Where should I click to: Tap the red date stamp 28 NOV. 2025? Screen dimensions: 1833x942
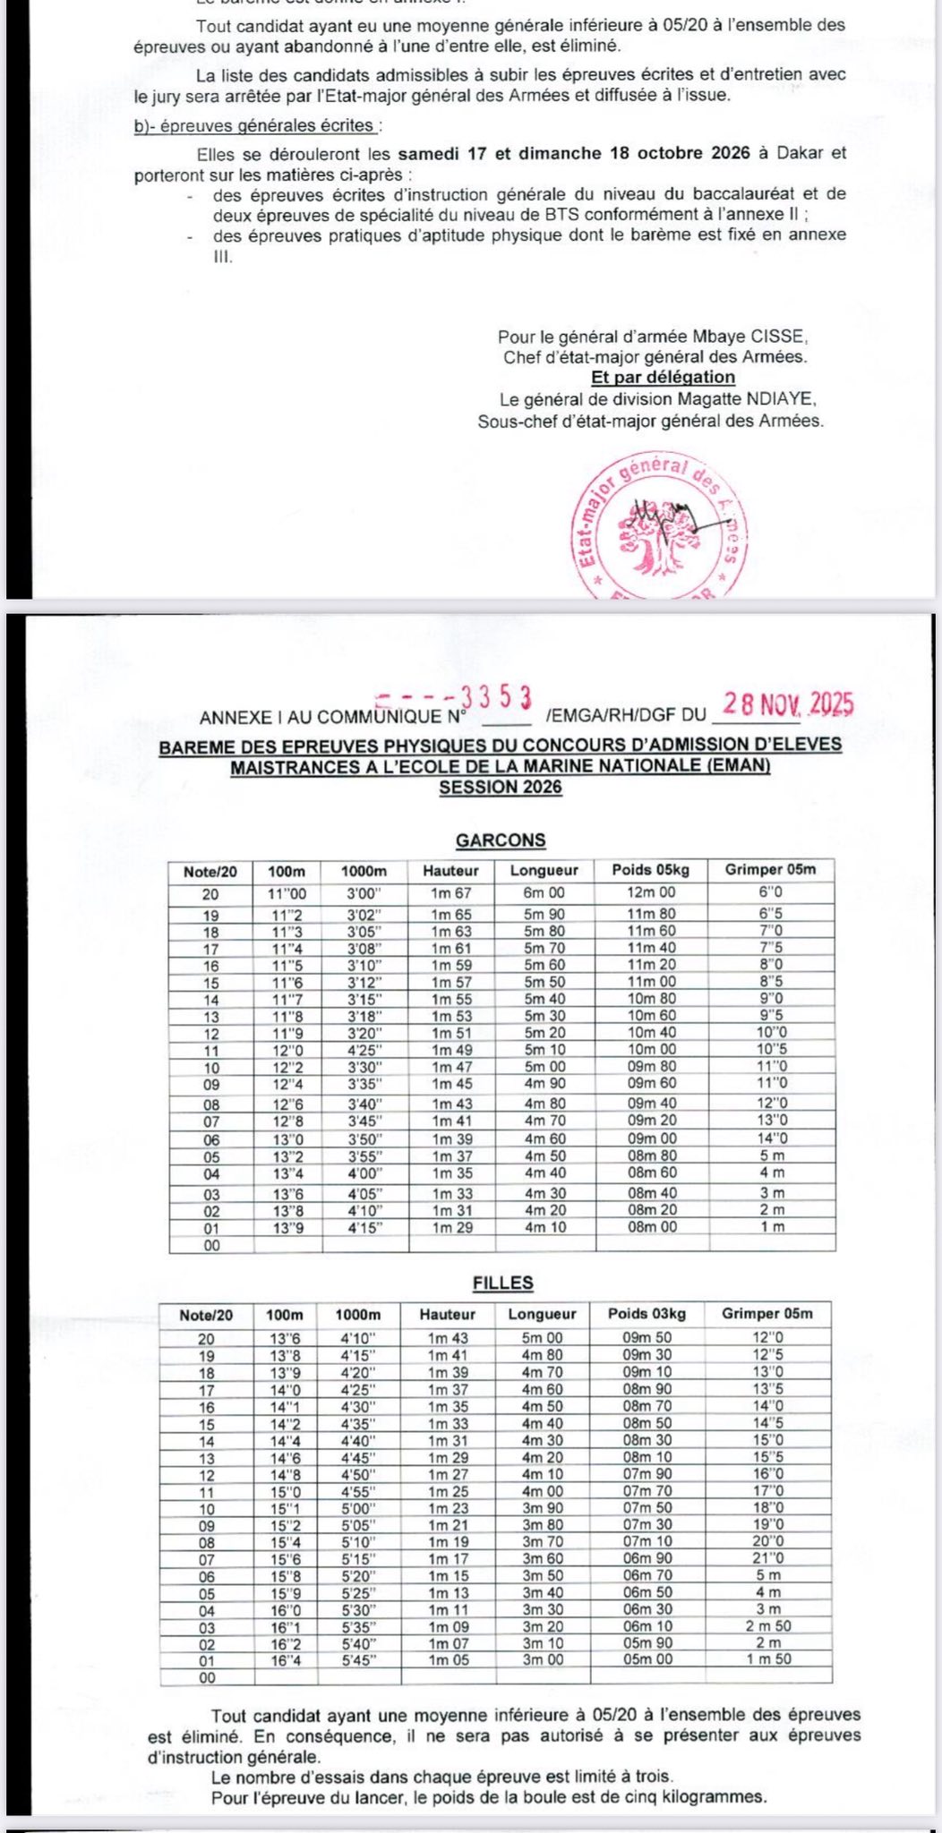pyautogui.click(x=788, y=704)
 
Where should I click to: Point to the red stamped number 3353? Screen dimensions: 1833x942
pyautogui.click(x=496, y=697)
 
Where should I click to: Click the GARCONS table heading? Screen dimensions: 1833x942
pyautogui.click(x=501, y=840)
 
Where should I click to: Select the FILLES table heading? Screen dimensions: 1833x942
pyautogui.click(x=502, y=1283)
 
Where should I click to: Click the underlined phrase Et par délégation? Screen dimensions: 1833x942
pyautogui.click(x=663, y=377)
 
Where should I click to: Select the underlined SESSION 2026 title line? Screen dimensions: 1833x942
pyautogui.click(x=501, y=788)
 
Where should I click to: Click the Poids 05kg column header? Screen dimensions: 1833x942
pyautogui.click(x=651, y=870)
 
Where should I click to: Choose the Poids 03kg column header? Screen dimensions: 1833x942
pyautogui.click(x=647, y=1314)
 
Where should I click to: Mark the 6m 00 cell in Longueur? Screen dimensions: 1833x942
pyautogui.click(x=544, y=892)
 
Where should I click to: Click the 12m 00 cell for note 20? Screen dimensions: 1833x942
pyautogui.click(x=651, y=892)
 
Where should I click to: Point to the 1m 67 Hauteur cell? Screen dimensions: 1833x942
pyautogui.click(x=450, y=892)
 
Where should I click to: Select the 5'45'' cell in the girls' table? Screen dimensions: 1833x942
pyautogui.click(x=357, y=1659)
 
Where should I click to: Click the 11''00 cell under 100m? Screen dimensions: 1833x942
pyautogui.click(x=287, y=892)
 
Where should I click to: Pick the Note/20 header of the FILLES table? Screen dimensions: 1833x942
pyautogui.click(x=206, y=1315)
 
